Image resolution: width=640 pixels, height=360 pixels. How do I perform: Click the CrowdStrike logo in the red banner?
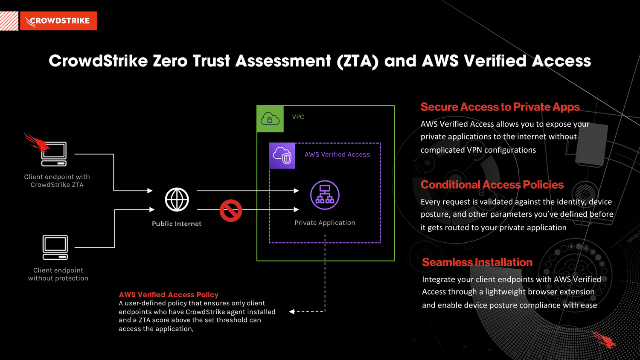58,21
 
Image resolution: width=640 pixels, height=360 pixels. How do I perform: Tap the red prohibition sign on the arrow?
231,210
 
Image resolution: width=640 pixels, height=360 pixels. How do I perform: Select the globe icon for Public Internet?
177,200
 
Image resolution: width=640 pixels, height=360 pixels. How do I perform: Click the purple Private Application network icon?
325,195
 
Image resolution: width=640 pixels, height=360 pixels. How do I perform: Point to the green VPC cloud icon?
270,119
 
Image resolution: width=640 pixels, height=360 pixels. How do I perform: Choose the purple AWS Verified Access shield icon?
282,156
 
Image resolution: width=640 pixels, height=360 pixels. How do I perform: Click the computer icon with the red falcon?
53,154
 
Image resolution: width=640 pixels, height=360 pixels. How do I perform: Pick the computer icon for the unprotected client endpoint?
55,247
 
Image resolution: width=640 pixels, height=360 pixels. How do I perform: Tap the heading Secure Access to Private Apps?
500,107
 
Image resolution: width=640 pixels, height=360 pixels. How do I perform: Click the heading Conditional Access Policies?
492,185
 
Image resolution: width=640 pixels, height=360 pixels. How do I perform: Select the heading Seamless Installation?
477,262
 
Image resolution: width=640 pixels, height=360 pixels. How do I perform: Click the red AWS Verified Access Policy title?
169,295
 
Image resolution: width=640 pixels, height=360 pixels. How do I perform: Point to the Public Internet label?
177,224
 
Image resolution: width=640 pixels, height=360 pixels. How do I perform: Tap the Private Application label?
325,223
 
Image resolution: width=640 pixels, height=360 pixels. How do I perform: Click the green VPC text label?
298,117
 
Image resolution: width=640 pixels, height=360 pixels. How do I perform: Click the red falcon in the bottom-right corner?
604,340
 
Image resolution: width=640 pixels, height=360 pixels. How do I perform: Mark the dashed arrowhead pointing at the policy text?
292,312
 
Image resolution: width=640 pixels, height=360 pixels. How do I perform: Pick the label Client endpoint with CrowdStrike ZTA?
57,181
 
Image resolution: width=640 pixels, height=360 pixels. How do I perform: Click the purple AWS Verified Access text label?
337,154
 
